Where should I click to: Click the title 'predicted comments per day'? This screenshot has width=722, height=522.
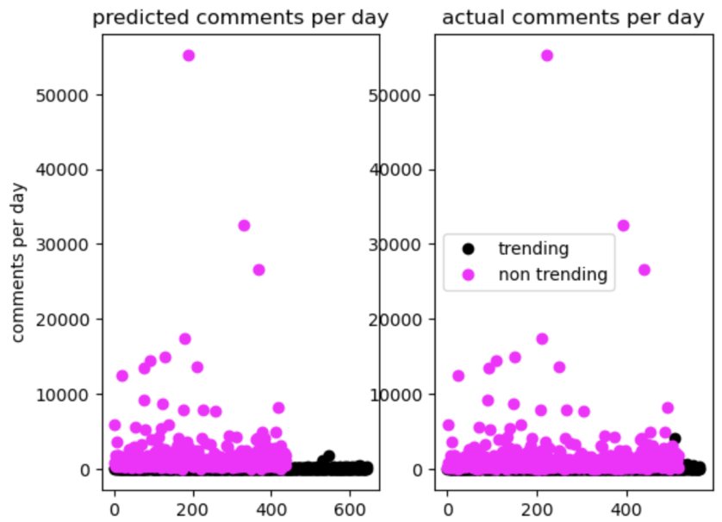240,17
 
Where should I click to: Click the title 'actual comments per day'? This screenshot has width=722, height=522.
573,17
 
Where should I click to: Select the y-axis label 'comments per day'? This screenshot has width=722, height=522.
19,262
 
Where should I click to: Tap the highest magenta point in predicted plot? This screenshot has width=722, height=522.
189,55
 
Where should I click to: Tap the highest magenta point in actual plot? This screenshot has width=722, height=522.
546,55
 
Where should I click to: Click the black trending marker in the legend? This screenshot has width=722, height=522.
468,249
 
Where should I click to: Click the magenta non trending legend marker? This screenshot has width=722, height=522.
468,275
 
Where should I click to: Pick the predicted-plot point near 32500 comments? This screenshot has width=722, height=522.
244,226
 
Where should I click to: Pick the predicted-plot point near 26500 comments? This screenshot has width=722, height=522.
258,270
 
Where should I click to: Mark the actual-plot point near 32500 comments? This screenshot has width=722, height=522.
624,226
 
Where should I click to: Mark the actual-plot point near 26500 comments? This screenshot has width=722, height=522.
644,270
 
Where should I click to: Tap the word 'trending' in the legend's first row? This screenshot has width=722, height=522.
533,249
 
